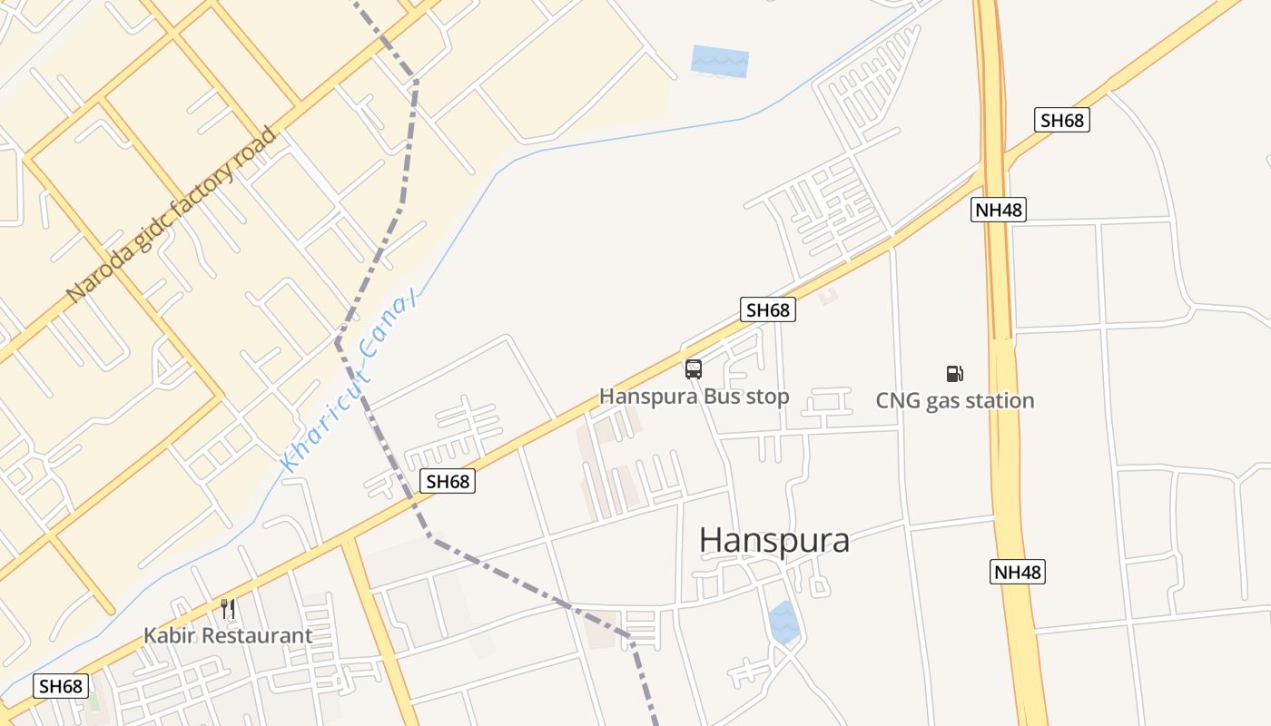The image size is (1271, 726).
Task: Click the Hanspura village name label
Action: (773, 540)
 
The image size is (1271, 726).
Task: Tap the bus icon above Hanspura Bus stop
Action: (694, 369)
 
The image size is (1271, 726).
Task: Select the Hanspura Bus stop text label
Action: (694, 397)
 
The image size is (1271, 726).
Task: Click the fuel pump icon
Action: (954, 373)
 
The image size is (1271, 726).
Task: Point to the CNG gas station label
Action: (954, 400)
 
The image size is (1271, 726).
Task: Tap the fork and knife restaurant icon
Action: (228, 608)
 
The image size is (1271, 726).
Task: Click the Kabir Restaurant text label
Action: (228, 635)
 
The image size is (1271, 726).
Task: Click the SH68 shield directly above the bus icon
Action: (767, 309)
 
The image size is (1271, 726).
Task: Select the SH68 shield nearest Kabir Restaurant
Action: (62, 686)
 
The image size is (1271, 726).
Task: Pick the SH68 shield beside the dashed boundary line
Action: (448, 481)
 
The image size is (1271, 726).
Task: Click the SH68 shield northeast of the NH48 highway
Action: (1061, 120)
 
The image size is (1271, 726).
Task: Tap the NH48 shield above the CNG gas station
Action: (999, 210)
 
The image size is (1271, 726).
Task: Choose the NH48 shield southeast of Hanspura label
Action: (1017, 572)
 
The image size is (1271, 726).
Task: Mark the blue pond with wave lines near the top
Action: (720, 61)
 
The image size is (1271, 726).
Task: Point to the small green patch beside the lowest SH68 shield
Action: (94, 702)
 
